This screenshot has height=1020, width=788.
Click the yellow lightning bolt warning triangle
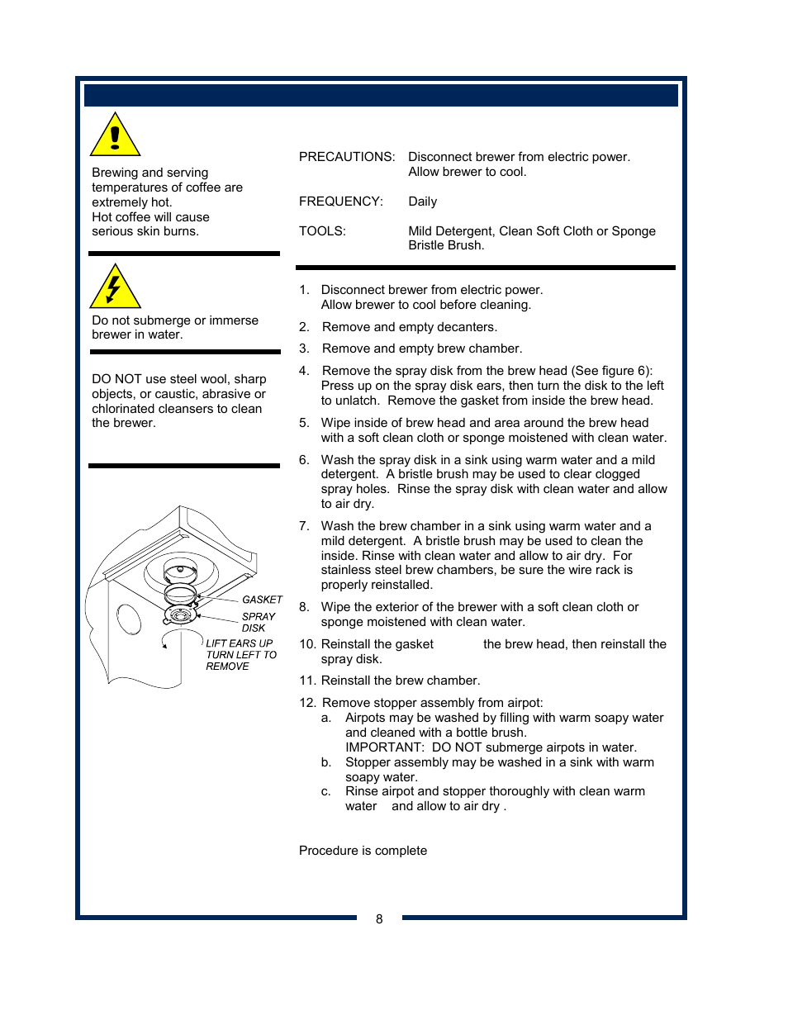pos(115,287)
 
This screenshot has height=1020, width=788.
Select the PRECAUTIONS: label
pos(347,157)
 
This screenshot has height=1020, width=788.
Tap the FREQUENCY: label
pos(340,202)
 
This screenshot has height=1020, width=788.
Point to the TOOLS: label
pos(322,231)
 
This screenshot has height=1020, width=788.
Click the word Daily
pos(422,202)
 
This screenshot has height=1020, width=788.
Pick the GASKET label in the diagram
pos(262,600)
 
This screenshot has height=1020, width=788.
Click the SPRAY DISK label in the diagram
pos(258,622)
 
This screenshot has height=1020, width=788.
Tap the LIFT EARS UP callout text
pos(239,643)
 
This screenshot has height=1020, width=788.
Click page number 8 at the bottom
pos(379,918)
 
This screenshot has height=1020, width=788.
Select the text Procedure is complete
pos(363,851)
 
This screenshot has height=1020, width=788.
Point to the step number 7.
pos(304,526)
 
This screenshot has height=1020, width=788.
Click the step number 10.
pos(307,644)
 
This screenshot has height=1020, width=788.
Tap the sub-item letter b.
pos(326,762)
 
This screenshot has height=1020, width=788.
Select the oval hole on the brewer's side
pos(129,619)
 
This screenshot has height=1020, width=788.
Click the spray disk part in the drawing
pos(179,614)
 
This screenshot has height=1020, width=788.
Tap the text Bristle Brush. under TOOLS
pos(446,245)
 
